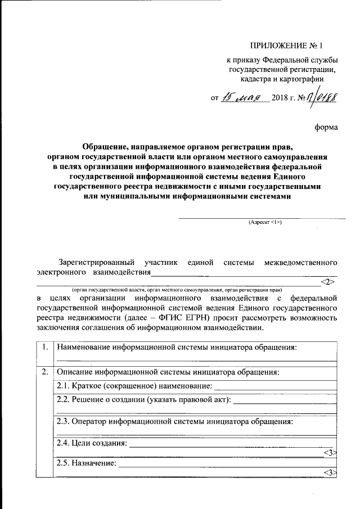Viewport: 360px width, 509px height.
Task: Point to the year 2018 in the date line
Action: [279, 98]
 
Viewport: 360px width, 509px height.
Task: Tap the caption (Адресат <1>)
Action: [265, 222]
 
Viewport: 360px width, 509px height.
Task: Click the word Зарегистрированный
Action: [96, 262]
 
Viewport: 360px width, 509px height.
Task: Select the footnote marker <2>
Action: [328, 281]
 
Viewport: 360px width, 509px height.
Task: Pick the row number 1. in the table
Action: [44, 347]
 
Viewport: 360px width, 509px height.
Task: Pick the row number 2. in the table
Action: [44, 372]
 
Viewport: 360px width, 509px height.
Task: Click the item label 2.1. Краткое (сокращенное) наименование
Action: [134, 385]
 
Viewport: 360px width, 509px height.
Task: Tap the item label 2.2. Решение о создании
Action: [144, 400]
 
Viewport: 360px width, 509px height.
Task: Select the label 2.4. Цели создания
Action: [92, 443]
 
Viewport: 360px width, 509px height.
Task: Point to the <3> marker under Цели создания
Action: [330, 452]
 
